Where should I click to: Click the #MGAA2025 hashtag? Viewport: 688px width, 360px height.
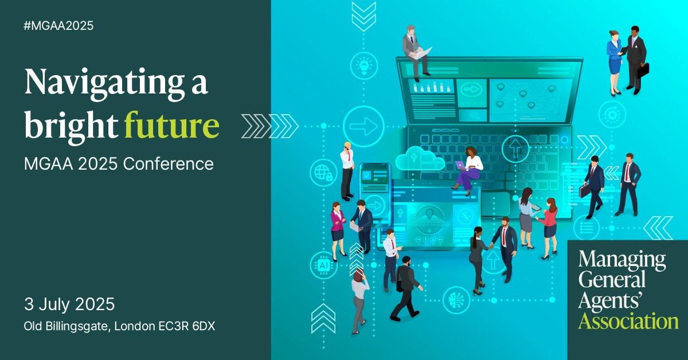click(x=58, y=25)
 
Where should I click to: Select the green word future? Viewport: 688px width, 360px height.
click(x=171, y=124)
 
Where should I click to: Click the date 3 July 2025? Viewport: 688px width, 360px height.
click(x=69, y=304)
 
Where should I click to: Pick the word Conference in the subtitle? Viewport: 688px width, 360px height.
click(x=169, y=164)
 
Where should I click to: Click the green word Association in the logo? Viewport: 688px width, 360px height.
click(x=628, y=321)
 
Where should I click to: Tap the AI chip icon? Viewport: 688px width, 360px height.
click(x=323, y=265)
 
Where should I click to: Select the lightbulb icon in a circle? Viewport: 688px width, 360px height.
click(x=364, y=66)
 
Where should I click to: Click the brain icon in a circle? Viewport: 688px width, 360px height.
click(x=456, y=300)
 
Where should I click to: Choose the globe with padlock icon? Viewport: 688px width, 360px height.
click(x=323, y=173)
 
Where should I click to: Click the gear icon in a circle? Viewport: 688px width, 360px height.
click(x=612, y=115)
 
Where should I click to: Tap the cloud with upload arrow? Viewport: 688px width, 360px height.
click(x=420, y=159)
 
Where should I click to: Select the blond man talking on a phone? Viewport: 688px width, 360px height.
click(x=347, y=171)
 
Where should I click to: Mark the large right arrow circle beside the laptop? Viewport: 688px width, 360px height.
click(x=363, y=126)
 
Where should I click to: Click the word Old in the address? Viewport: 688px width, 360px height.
click(x=33, y=326)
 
